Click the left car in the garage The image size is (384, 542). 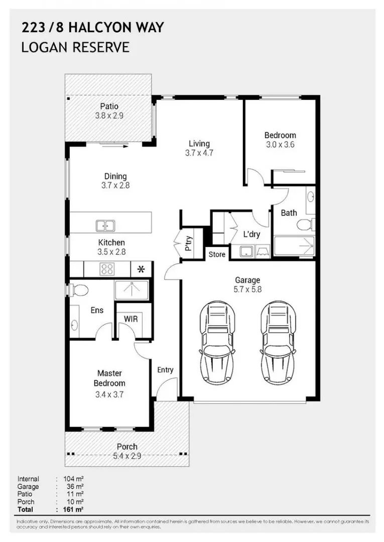[217, 341]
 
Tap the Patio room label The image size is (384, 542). [109, 106]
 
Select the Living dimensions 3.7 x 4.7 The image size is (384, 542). [199, 153]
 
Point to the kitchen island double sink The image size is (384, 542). [105, 226]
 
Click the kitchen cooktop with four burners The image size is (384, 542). [107, 269]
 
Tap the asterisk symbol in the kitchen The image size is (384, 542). [141, 269]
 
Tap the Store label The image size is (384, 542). [217, 254]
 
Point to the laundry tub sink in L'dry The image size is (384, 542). [246, 251]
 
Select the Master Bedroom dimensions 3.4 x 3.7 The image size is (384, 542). [109, 394]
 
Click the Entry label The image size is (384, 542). [165, 370]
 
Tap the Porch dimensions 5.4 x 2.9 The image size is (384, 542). [127, 456]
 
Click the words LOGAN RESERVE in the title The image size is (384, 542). [75, 48]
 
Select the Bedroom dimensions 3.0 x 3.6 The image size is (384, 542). [280, 145]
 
